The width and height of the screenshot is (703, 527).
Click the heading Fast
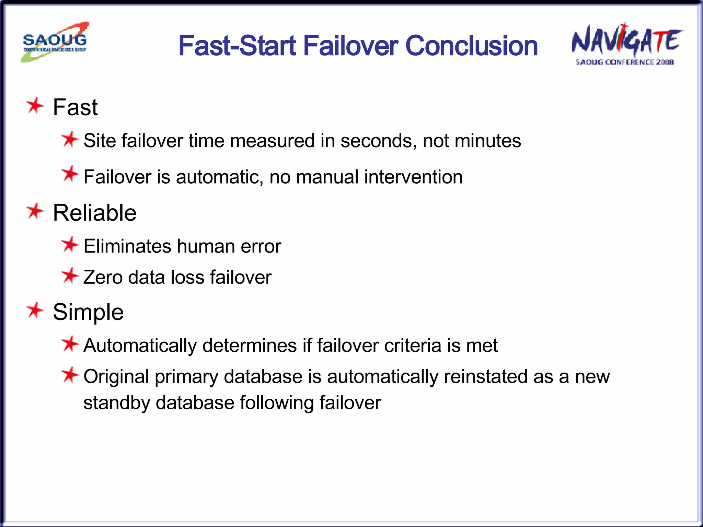(75, 107)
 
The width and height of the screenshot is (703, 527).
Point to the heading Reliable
(94, 213)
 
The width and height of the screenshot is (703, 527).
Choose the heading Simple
(88, 312)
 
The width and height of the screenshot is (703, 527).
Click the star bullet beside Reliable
(35, 211)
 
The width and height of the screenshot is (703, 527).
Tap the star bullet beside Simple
(35, 311)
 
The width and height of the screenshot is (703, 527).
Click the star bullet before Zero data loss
(70, 276)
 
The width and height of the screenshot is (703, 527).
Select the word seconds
(378, 141)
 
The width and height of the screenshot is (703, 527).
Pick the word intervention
(413, 177)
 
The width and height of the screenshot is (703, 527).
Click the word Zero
(103, 277)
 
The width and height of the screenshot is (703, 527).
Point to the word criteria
(413, 346)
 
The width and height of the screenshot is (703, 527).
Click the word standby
(117, 403)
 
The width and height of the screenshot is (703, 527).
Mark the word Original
(116, 377)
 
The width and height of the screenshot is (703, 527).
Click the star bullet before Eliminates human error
(70, 245)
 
